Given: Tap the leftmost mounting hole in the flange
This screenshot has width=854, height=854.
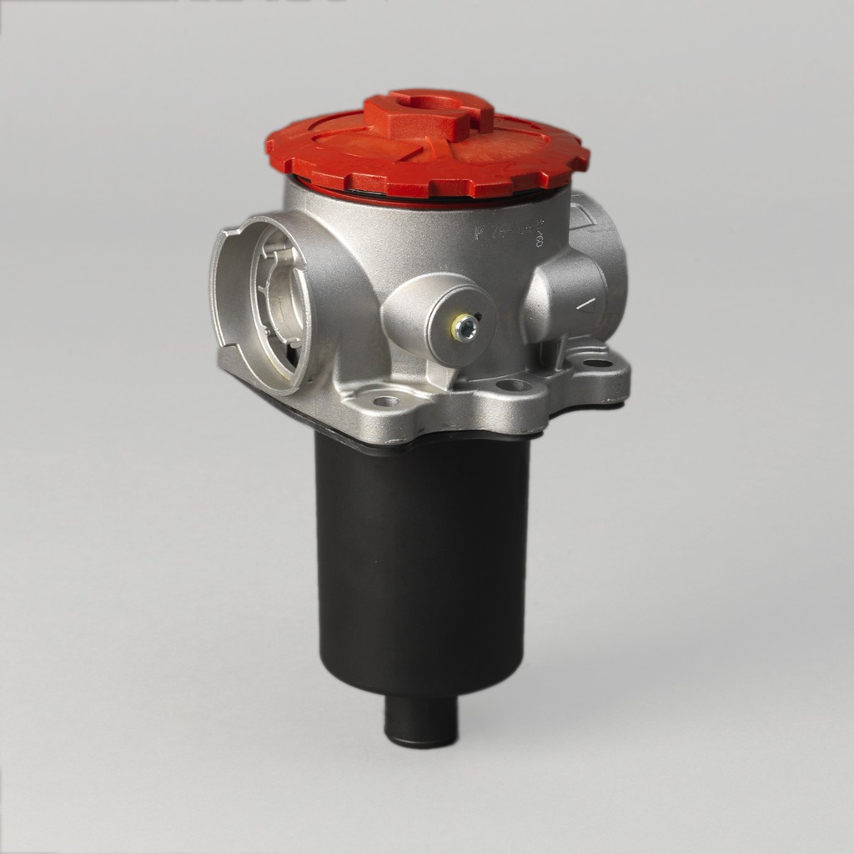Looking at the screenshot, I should point(385,401).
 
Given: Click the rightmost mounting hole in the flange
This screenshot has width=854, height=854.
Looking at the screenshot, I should point(597,364).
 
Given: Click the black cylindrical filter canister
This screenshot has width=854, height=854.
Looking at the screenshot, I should point(421,567).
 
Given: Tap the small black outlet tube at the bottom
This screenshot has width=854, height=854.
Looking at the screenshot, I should point(421,721).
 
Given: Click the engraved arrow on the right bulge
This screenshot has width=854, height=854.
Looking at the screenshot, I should point(587,305).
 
